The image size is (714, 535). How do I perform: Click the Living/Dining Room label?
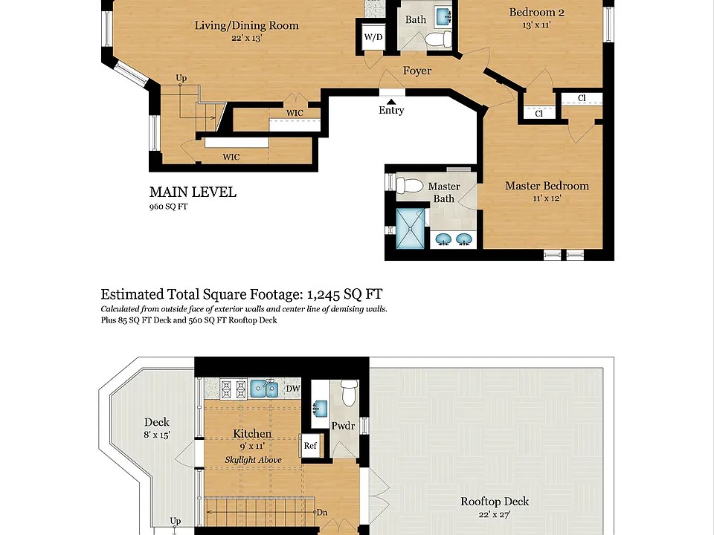246,25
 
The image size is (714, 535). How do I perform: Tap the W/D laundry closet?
373,37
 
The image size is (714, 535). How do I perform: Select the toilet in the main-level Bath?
438,39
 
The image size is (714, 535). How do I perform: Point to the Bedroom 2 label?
536,13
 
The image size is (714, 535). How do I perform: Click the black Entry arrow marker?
391,102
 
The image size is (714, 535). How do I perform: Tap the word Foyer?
417,71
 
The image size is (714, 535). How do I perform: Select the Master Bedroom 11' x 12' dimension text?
547,198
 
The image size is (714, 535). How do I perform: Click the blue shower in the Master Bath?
411,228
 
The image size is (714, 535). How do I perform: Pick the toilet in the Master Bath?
409,186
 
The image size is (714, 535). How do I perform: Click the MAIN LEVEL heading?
193,192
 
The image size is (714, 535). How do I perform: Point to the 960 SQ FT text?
168,207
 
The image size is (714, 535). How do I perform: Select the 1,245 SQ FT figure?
344,294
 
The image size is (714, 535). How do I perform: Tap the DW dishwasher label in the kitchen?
293,389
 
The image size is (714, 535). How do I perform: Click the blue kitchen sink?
265,389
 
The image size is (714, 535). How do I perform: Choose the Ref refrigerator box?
310,446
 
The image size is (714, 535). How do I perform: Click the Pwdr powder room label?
343,426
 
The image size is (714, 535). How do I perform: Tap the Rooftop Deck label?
495,502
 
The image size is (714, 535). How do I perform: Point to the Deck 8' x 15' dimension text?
157,435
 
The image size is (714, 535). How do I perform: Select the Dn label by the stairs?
322,513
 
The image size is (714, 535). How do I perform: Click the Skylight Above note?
253,460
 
